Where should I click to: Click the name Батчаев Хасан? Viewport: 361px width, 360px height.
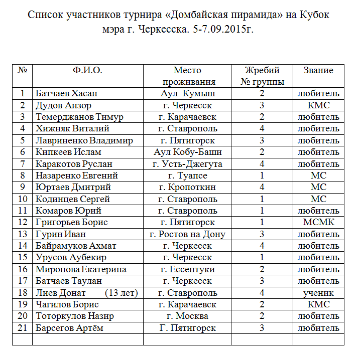click(67, 94)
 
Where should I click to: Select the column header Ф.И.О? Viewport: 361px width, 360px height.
click(87, 71)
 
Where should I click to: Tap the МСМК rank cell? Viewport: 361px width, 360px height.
click(318, 222)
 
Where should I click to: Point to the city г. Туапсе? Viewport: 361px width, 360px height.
click(187, 175)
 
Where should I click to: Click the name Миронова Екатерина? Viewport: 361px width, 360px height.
click(81, 269)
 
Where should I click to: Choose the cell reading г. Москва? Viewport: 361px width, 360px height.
click(187, 316)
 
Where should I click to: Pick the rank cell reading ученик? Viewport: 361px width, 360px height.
click(318, 293)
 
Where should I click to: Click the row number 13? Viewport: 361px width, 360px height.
click(22, 234)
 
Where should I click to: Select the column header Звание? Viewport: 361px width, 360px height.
click(318, 71)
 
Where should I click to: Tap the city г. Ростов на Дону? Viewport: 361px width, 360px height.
click(187, 234)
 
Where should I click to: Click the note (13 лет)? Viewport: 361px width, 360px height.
click(122, 293)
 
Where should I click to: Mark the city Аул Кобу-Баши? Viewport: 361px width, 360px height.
click(187, 152)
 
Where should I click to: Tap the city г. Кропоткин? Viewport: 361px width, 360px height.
click(187, 187)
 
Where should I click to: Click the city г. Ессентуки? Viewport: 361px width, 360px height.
click(187, 269)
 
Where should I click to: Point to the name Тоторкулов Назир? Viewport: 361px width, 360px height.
click(75, 316)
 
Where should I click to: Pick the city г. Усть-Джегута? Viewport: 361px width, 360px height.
click(187, 164)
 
